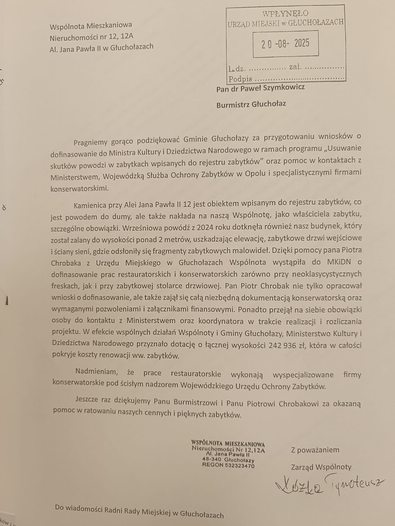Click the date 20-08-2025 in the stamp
tap(285, 43)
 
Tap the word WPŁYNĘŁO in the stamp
tap(285, 14)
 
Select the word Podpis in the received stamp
tap(240, 79)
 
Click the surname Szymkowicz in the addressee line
tap(284, 88)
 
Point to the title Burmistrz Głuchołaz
tap(251, 105)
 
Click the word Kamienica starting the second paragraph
tap(90, 205)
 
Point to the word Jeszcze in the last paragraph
tap(87, 399)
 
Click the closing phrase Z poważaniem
tap(315, 450)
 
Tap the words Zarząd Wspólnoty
tap(321, 467)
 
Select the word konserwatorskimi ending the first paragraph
tap(79, 189)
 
